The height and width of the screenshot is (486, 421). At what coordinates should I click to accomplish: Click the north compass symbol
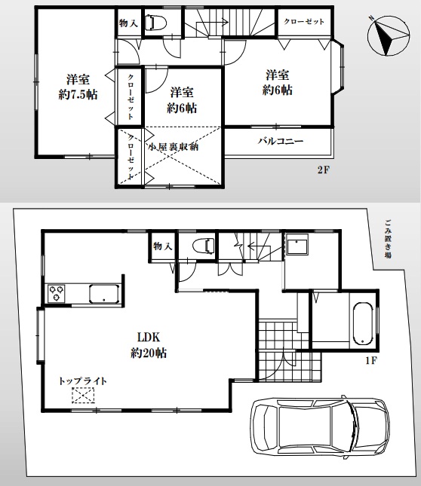click(x=386, y=37)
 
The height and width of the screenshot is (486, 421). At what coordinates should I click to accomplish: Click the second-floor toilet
click(x=156, y=23)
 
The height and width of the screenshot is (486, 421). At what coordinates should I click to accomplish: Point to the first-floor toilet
click(x=202, y=246)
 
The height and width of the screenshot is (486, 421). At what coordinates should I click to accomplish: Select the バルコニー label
click(x=280, y=141)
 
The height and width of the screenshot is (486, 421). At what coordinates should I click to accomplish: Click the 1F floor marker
click(x=370, y=361)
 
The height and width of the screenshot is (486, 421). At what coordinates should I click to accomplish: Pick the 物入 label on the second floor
click(x=128, y=24)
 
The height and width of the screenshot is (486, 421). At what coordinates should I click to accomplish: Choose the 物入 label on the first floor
click(x=162, y=246)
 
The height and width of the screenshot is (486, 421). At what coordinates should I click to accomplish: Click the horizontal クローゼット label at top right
click(x=304, y=22)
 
